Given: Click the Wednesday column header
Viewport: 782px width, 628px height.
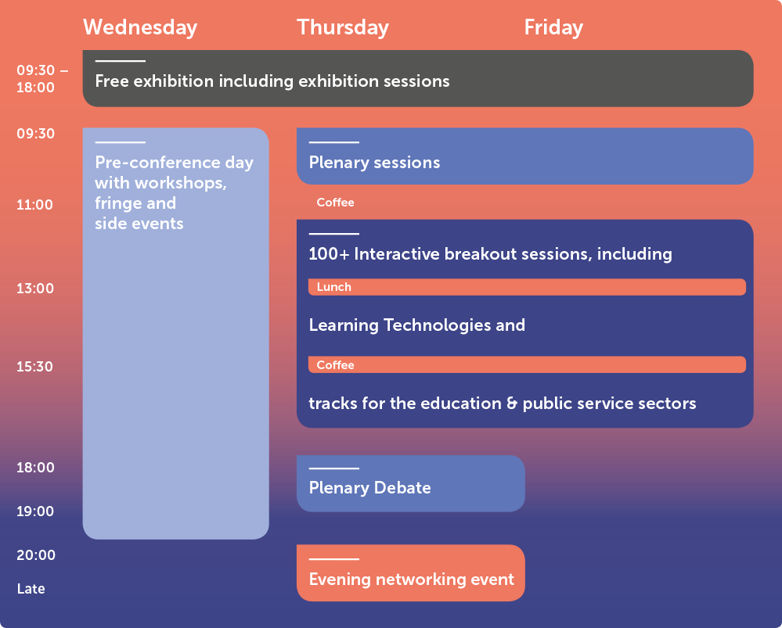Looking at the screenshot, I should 140,27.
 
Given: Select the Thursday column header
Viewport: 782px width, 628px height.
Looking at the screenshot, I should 342,27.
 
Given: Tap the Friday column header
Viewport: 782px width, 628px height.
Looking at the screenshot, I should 553,27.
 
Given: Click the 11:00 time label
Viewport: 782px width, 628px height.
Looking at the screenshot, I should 35,205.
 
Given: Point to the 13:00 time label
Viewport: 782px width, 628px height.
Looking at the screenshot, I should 35,289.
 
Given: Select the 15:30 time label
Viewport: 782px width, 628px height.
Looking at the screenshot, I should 35,366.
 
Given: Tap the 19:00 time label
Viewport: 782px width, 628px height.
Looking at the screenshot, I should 35,511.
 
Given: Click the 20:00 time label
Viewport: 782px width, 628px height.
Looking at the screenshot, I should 35,555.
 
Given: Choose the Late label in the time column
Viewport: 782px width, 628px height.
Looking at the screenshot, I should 31,589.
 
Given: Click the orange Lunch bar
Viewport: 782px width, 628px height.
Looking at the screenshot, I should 526,287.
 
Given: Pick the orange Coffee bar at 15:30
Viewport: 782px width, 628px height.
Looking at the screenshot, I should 526,365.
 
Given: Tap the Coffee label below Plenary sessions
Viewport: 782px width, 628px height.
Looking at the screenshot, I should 335,203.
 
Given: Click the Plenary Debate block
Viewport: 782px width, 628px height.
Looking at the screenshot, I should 410,483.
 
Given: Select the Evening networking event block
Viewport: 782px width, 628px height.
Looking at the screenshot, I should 410,573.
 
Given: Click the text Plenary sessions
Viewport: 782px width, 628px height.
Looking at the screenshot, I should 374,163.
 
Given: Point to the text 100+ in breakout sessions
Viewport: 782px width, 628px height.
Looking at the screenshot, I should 327,253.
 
